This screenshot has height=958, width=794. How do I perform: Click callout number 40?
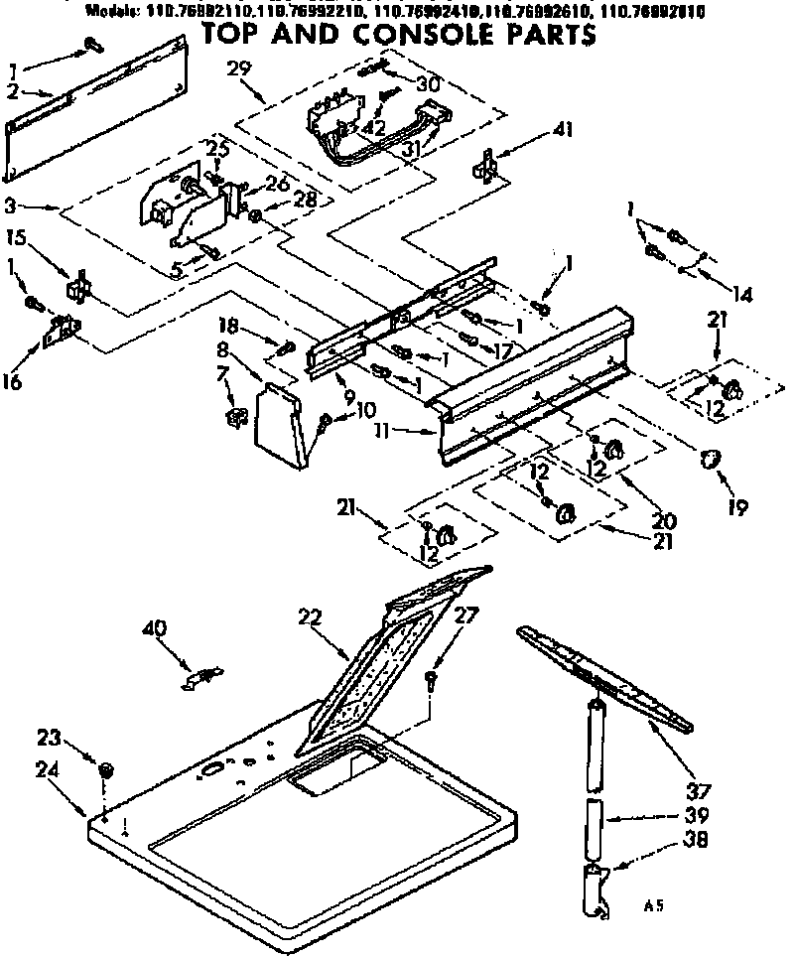coord(154,628)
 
